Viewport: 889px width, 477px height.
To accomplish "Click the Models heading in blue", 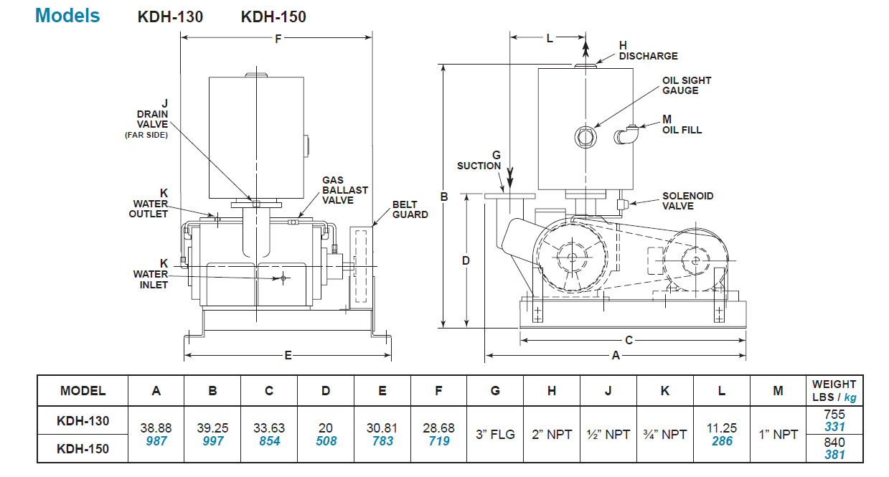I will click(x=67, y=16).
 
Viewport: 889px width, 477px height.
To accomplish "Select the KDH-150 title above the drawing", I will click(x=273, y=16).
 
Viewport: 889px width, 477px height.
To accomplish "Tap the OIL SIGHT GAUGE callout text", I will click(x=687, y=85).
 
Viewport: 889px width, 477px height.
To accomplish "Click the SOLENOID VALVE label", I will click(x=687, y=201).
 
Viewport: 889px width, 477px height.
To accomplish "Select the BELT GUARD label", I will click(x=410, y=209).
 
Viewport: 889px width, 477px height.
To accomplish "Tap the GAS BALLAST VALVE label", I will click(x=344, y=190).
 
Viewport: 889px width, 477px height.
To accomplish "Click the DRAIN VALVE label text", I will click(x=153, y=119).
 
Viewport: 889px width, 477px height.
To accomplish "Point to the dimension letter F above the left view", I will click(x=278, y=39).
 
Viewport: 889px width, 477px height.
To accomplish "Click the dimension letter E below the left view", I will click(x=288, y=356).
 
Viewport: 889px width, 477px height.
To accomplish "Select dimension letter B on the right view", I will click(x=444, y=197).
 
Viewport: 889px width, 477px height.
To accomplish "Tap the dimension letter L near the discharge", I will click(x=550, y=39).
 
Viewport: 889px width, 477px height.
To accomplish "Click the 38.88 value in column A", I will click(x=156, y=428).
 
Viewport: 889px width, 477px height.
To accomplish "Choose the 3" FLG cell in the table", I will click(x=495, y=434).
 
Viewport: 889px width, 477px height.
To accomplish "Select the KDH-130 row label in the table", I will click(x=83, y=420).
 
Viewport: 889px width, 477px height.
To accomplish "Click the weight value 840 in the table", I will click(x=834, y=442).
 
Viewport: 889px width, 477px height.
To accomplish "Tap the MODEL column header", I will click(x=83, y=391).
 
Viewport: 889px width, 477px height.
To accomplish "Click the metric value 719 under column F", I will click(x=438, y=441).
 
